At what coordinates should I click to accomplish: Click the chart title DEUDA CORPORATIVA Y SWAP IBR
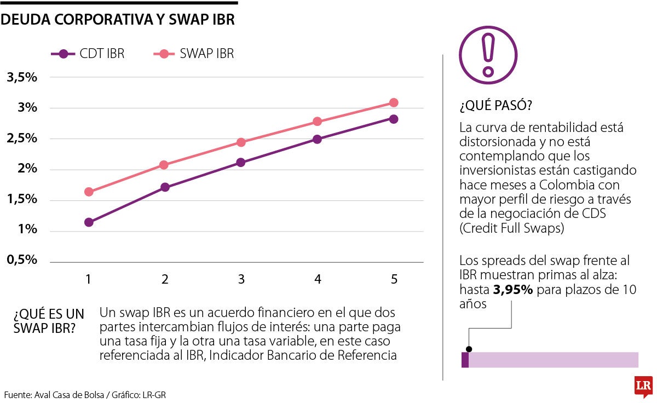click(118, 20)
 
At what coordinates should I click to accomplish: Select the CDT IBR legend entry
click(88, 54)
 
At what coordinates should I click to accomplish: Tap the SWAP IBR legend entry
click(192, 54)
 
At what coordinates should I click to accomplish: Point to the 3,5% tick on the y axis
click(22, 77)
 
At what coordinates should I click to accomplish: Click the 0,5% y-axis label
click(22, 260)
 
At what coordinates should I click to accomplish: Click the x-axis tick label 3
click(241, 279)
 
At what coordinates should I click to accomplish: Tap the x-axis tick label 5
click(394, 279)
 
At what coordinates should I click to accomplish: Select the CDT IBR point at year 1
click(89, 222)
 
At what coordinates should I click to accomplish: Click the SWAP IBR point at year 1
click(89, 192)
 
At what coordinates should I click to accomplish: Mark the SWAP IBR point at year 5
click(394, 102)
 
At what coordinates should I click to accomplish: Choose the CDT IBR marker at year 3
click(241, 162)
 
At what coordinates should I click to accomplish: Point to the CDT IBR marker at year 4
click(317, 139)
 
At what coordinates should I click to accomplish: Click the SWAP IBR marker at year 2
click(165, 164)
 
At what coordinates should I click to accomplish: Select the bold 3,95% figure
click(513, 290)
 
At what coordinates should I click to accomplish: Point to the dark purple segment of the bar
click(465, 360)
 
